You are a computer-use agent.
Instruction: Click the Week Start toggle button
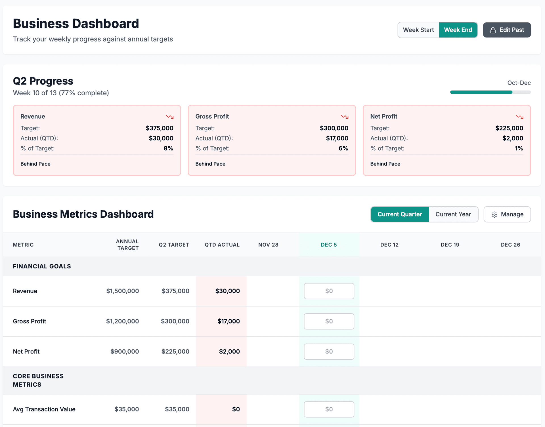(x=418, y=30)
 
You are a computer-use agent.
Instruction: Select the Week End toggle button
(x=458, y=30)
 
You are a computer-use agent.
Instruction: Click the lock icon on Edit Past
(x=493, y=30)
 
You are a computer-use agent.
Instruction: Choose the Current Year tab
(x=453, y=214)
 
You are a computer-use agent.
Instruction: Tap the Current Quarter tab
(x=400, y=214)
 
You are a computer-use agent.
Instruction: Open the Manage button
(x=507, y=214)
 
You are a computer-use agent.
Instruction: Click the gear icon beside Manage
(x=494, y=214)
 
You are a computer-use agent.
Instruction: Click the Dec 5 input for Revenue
(x=329, y=291)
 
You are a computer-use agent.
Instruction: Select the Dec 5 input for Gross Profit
(x=329, y=321)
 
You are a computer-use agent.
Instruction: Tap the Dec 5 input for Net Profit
(x=329, y=352)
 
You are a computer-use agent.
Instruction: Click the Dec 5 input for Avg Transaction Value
(x=329, y=409)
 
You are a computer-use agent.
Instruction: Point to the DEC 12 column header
(x=389, y=245)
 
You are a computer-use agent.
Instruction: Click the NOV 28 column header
(x=268, y=245)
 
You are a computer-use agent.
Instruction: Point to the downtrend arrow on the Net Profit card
(x=519, y=117)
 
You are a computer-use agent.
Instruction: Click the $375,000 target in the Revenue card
(x=160, y=128)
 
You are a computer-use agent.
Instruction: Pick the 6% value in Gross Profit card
(x=343, y=148)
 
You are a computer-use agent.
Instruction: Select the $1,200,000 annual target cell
(x=122, y=321)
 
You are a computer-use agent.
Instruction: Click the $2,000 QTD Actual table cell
(x=229, y=352)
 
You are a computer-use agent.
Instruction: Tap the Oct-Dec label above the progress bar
(x=519, y=83)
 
